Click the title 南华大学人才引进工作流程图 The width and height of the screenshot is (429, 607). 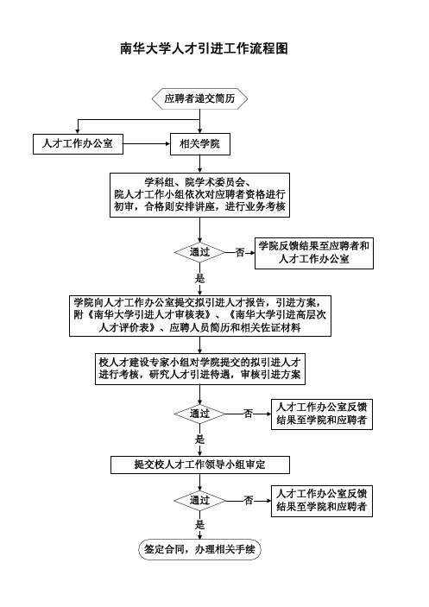point(204,48)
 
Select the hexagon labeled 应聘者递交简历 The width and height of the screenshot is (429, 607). point(199,98)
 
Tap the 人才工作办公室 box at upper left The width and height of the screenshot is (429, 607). point(78,144)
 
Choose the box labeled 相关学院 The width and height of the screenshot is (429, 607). point(200,144)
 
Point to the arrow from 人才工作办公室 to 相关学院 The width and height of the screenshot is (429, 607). point(147,144)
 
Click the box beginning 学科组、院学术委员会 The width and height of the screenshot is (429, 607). point(199,195)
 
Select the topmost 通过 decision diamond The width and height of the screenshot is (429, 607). point(199,252)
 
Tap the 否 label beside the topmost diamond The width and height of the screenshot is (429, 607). point(240,252)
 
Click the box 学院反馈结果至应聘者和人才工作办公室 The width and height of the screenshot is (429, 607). point(313,253)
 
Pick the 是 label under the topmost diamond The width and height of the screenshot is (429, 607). point(199,278)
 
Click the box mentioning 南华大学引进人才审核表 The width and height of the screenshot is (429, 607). point(200,316)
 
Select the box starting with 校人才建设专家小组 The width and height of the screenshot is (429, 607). point(200,369)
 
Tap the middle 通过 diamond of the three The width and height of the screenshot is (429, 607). point(199,414)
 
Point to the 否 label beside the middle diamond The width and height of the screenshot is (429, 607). point(248,414)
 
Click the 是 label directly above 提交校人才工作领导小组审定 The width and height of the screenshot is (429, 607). point(199,439)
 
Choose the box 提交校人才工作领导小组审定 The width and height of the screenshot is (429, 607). point(200,465)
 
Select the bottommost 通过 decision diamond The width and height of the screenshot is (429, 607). point(199,501)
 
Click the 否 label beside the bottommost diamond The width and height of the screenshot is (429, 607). point(248,501)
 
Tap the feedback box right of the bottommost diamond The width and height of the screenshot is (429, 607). point(322,501)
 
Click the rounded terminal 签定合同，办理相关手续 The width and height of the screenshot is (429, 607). point(199,549)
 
